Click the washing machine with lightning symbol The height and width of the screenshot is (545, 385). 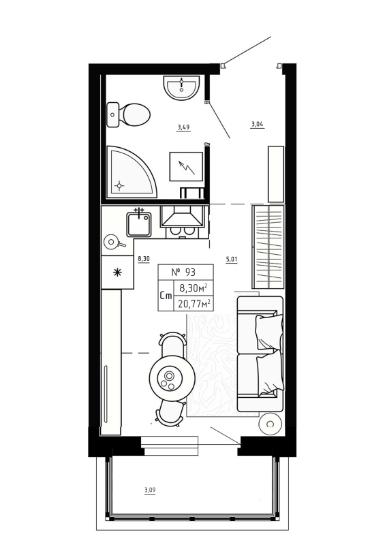pyautogui.click(x=186, y=166)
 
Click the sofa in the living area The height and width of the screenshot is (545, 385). pyautogui.click(x=260, y=354)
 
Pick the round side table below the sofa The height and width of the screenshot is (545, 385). pyautogui.click(x=271, y=424)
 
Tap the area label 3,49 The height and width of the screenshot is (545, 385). pyautogui.click(x=183, y=127)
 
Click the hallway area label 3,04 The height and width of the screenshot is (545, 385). pyautogui.click(x=257, y=124)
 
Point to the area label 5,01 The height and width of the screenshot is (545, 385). pyautogui.click(x=231, y=259)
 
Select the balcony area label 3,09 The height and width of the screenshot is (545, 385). pyautogui.click(x=151, y=489)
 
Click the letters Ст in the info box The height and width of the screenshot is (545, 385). pyautogui.click(x=166, y=296)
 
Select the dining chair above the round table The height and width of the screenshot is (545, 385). pyautogui.click(x=172, y=343)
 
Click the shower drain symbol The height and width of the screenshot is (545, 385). pyautogui.click(x=121, y=184)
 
